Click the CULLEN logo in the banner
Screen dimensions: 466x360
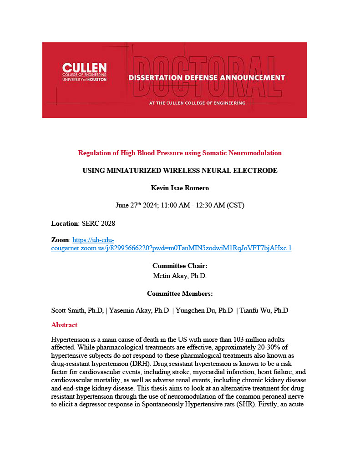[x=84, y=72]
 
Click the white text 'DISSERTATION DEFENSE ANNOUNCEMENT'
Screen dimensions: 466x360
[x=206, y=77]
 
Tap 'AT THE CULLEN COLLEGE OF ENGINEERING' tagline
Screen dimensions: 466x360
[x=197, y=103]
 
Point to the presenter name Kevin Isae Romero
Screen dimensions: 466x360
[x=180, y=187]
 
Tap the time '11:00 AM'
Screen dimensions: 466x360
[x=182, y=205]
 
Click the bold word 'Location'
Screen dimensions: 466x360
[x=65, y=223]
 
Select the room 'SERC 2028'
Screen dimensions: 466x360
[x=98, y=223]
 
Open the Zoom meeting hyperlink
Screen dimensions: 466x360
[x=171, y=248]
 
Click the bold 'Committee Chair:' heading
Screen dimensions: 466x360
[x=180, y=266]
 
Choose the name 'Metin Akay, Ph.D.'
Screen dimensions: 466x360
[x=180, y=275]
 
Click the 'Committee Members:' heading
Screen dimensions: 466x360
[x=180, y=294]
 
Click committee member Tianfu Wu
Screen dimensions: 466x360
[x=264, y=310]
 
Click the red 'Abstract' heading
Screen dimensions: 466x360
[x=64, y=325]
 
